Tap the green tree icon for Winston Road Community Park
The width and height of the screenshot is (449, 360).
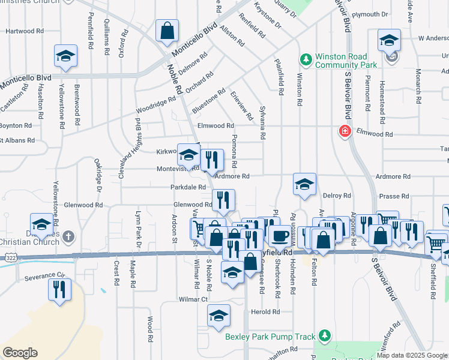(306, 59)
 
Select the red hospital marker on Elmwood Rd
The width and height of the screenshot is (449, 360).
(345, 131)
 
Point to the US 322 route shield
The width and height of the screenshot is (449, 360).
(10, 257)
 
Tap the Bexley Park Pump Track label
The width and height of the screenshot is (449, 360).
(270, 337)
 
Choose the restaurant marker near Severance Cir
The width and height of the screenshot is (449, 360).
(59, 290)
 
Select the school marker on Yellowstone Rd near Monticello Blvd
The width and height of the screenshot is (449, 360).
(65, 56)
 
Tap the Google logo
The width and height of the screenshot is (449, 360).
(20, 353)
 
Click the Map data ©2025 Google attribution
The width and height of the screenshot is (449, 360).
(412, 355)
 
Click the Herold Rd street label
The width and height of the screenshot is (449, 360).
(265, 312)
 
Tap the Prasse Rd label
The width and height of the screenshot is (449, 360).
(394, 196)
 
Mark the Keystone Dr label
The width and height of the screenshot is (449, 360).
(268, 17)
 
